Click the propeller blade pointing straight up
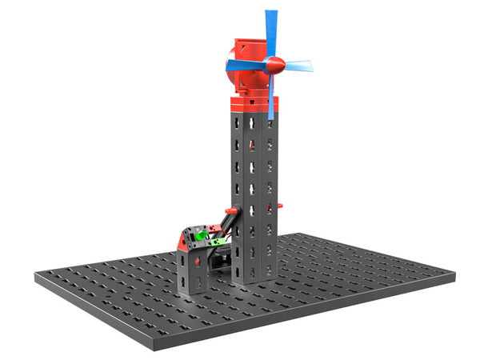tap(271, 32)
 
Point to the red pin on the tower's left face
tap(251, 145)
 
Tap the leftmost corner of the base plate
tap(37, 277)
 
